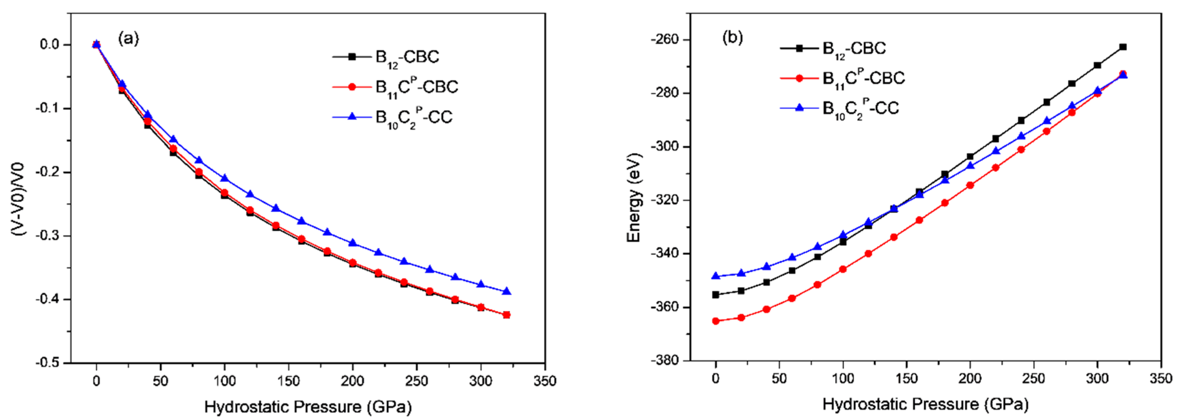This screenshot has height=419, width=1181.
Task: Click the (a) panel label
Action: [128, 38]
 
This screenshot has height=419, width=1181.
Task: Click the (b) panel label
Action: [732, 37]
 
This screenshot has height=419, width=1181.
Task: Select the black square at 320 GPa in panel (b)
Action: [1123, 47]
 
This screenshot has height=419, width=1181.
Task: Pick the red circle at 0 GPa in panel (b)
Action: [716, 321]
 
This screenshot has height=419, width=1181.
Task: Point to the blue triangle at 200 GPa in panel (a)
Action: [353, 242]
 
